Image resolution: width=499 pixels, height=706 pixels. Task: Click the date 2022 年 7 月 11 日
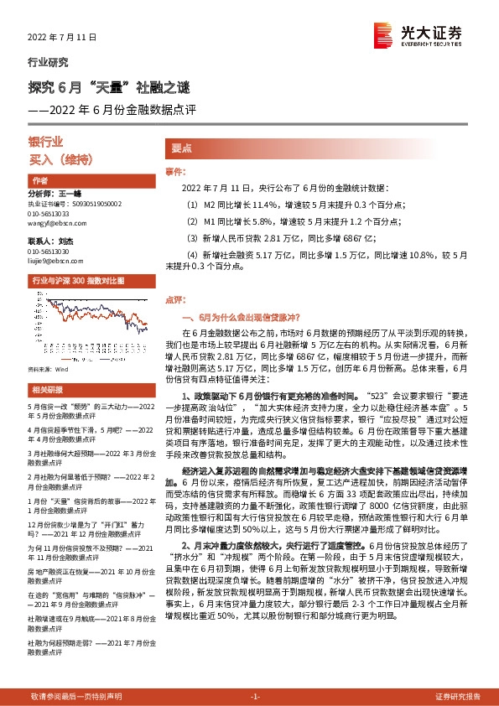63,37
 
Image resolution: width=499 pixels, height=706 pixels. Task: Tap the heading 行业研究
48,62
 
